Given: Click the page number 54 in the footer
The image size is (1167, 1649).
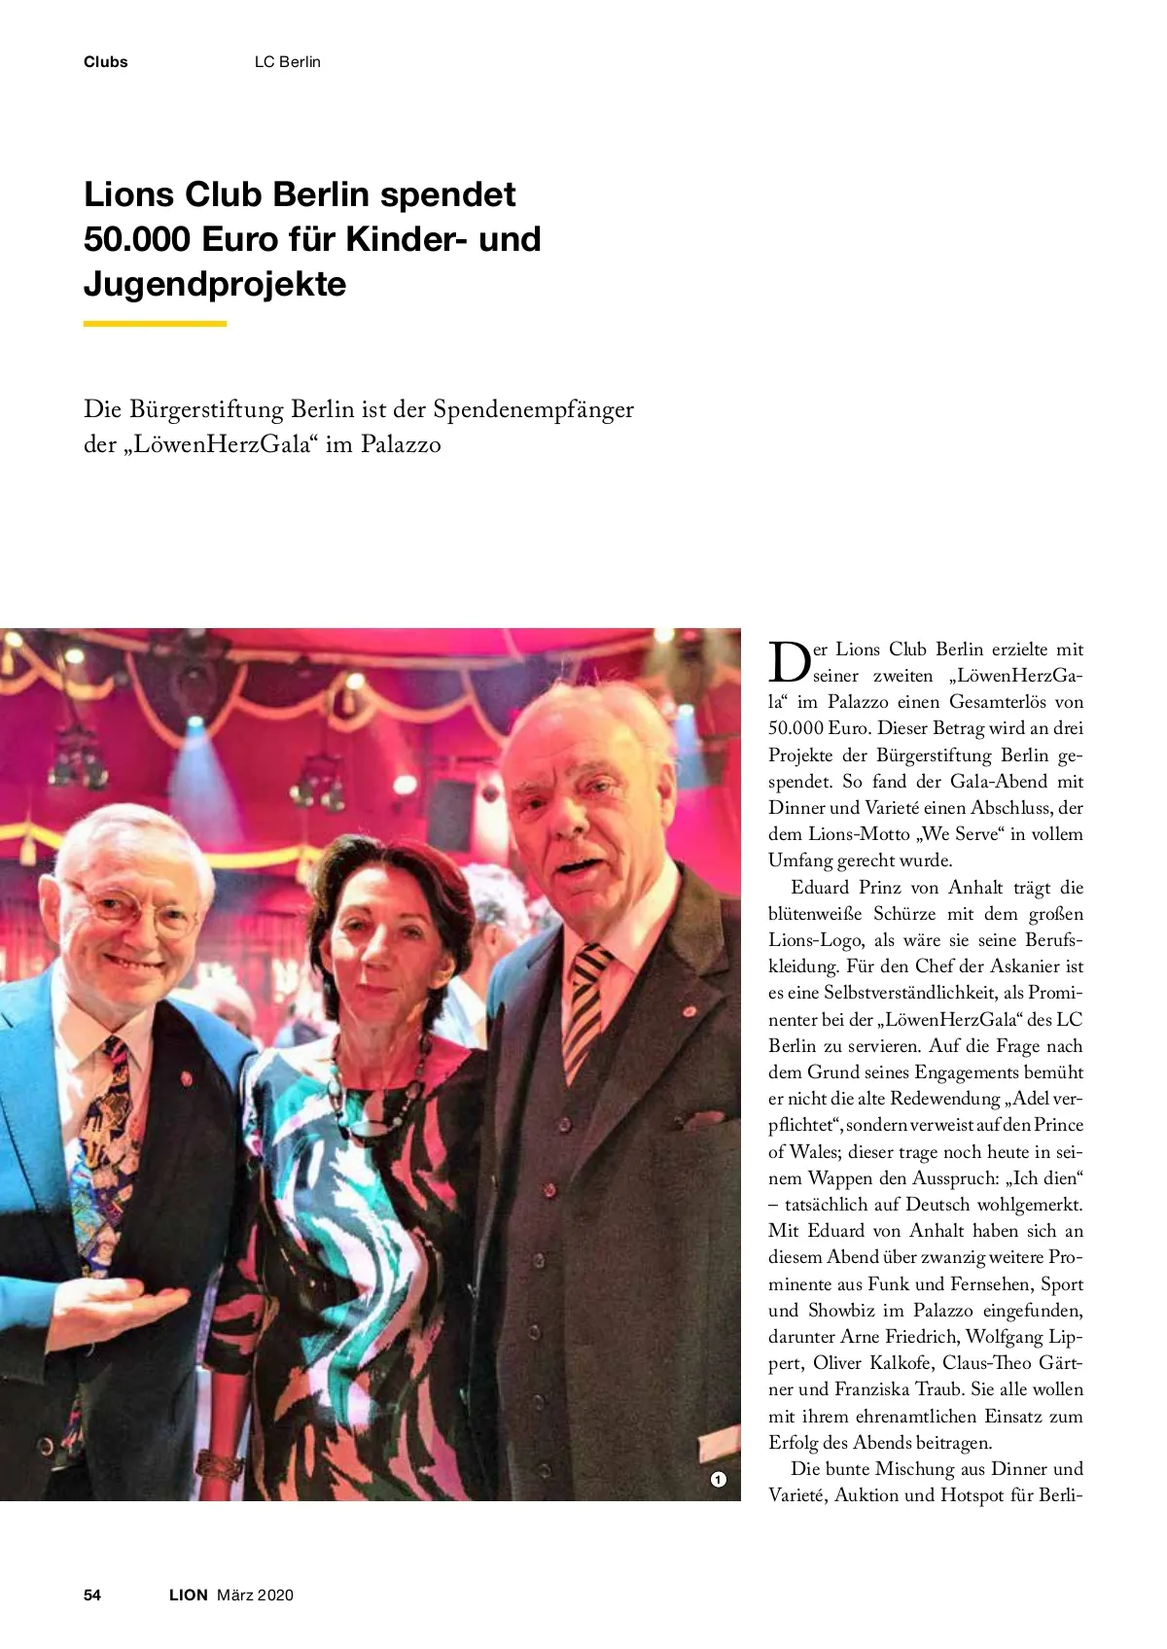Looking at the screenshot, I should tap(92, 1595).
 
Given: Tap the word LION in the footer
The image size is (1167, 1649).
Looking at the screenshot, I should tap(189, 1595).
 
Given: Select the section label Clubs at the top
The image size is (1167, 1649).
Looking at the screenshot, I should tap(105, 62).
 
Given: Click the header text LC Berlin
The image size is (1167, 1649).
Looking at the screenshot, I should tap(287, 62).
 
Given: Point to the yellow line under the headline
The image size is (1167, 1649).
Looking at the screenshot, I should tap(155, 324).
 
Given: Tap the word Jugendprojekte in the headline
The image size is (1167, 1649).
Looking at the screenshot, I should tap(215, 284).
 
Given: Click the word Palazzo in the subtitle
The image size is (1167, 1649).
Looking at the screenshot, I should tap(401, 444).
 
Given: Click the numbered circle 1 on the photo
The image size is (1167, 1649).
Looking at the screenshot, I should tap(718, 1479).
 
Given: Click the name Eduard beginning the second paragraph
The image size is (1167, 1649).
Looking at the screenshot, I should tap(821, 887).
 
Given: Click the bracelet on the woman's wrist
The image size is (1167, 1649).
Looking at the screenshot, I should tap(220, 1464).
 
